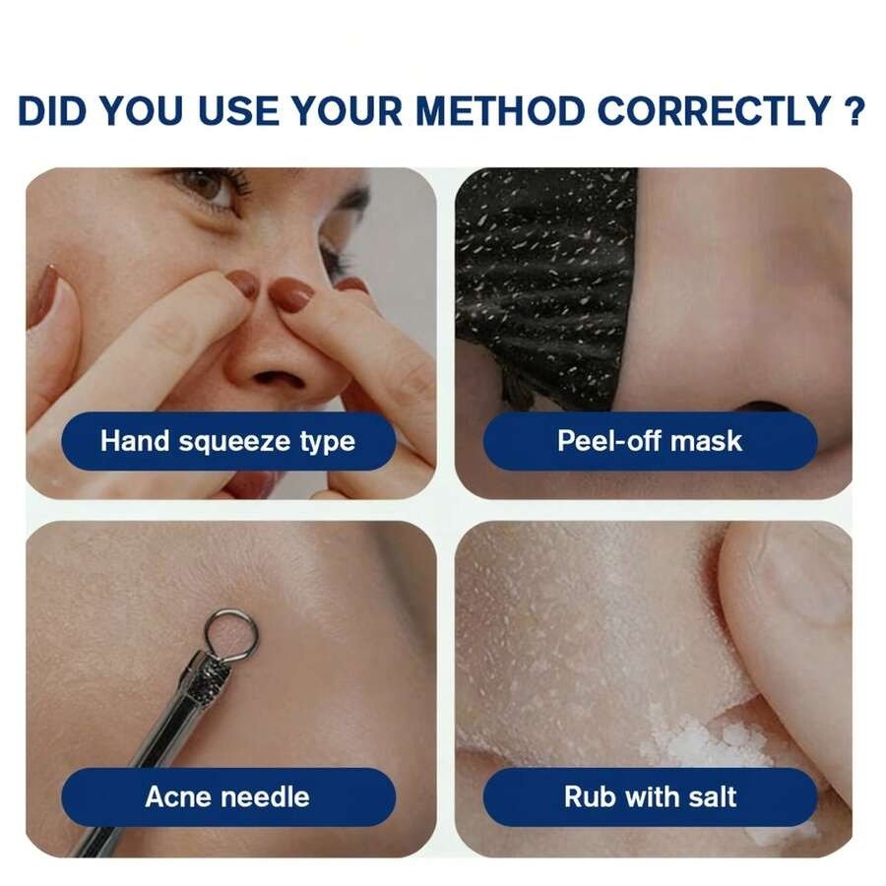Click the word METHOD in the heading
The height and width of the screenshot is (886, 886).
pyautogui.click(x=499, y=110)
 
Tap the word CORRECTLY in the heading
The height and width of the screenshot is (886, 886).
pyautogui.click(x=713, y=110)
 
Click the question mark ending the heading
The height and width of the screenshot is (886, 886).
pyautogui.click(x=854, y=110)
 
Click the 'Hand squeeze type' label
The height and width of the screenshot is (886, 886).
pyautogui.click(x=228, y=441)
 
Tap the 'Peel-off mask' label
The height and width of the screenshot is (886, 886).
pyautogui.click(x=650, y=441)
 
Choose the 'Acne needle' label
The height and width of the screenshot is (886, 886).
pyautogui.click(x=228, y=796)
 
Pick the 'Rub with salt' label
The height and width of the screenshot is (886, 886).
pyautogui.click(x=650, y=796)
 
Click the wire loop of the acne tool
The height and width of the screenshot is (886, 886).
pyautogui.click(x=231, y=612)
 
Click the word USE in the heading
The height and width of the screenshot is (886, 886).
pyautogui.click(x=238, y=110)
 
